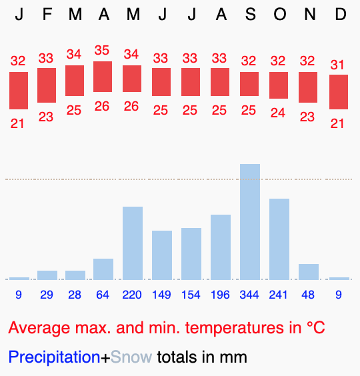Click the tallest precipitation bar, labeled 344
point(250,221)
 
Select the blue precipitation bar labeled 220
point(133,243)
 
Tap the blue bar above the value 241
point(279,239)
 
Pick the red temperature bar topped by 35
point(103,77)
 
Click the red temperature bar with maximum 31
point(339,92)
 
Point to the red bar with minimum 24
point(279,85)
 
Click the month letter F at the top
point(47,15)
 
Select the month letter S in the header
point(250,15)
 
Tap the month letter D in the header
point(340,15)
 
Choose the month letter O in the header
point(279,15)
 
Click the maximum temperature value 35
point(102,51)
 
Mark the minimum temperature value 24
point(278,113)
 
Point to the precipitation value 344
point(249,294)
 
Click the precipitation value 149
point(161,294)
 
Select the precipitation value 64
point(103,294)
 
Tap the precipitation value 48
point(308,294)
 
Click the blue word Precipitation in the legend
point(54,357)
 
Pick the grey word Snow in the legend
point(131,357)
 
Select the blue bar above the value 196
point(221,247)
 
